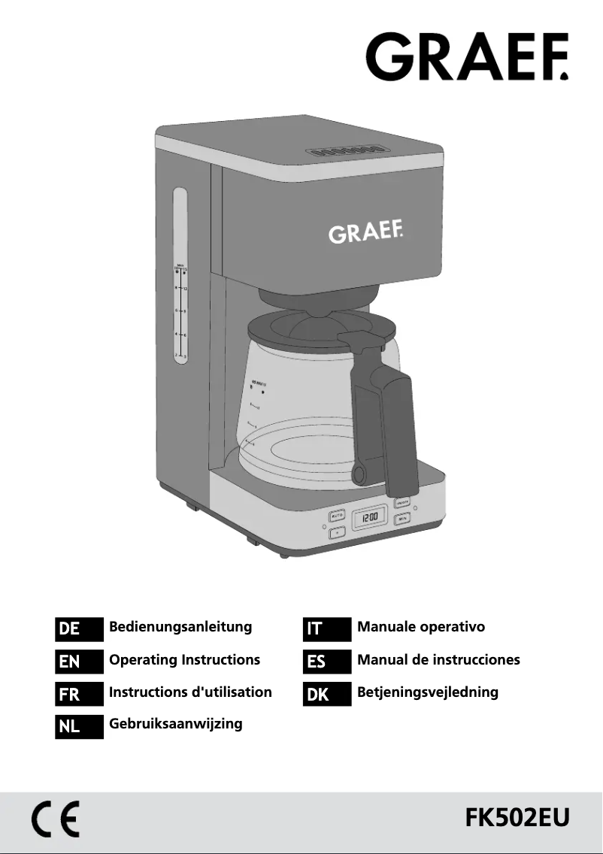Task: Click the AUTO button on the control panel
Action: click(x=337, y=516)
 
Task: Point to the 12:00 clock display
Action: click(x=370, y=518)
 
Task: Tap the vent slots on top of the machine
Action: click(x=341, y=151)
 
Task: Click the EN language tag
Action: click(x=78, y=662)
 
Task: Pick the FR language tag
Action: click(x=78, y=694)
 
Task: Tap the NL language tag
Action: click(x=78, y=726)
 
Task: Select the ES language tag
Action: click(x=326, y=662)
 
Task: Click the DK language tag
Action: click(x=326, y=694)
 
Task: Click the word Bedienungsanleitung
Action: click(x=180, y=627)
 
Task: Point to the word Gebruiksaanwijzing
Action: click(x=176, y=724)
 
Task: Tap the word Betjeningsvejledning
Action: click(x=428, y=692)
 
